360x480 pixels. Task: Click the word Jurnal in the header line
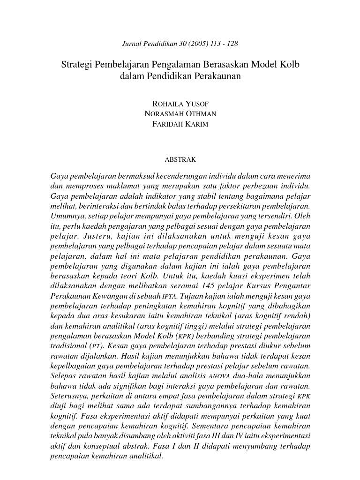point(131,44)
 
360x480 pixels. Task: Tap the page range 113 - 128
point(226,44)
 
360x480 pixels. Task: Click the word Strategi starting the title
point(77,64)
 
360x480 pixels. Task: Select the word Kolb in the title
point(289,64)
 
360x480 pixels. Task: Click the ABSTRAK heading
point(180,159)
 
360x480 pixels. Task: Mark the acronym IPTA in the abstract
point(169,296)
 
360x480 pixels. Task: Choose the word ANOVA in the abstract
point(219,376)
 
